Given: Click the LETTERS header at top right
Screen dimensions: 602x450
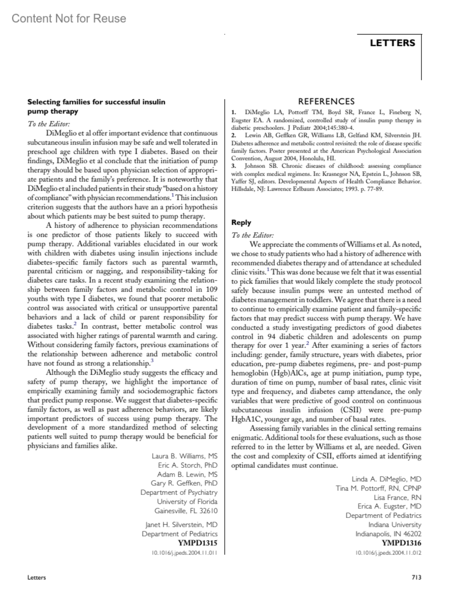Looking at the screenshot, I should (392, 43).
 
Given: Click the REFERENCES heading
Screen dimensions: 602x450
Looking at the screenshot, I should (326, 102).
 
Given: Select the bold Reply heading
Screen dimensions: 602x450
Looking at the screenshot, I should (241, 222).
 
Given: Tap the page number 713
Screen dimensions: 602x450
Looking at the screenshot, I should (416, 577).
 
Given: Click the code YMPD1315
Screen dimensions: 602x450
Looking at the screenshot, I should (198, 543).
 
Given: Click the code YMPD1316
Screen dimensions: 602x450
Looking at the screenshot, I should (401, 543).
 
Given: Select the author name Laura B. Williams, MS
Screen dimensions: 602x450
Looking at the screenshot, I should (184, 456).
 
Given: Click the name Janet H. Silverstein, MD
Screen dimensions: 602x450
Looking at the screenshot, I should (181, 524).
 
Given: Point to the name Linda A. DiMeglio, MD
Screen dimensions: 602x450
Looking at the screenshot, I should (386, 479).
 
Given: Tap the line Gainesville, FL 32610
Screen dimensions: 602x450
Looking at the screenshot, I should (186, 511).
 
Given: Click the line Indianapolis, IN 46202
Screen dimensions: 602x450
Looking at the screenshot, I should (388, 534).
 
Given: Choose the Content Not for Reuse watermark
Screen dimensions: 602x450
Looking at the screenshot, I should (69, 18).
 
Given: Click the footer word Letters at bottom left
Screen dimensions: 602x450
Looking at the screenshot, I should (37, 577).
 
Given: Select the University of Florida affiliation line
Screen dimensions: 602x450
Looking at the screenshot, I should (187, 502).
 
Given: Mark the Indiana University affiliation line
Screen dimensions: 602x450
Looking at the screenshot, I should (394, 525).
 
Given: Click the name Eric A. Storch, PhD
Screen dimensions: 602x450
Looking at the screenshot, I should (187, 465).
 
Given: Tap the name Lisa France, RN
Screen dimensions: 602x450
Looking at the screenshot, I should (397, 497).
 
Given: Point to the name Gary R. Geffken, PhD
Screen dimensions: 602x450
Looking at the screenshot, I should (184, 483).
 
